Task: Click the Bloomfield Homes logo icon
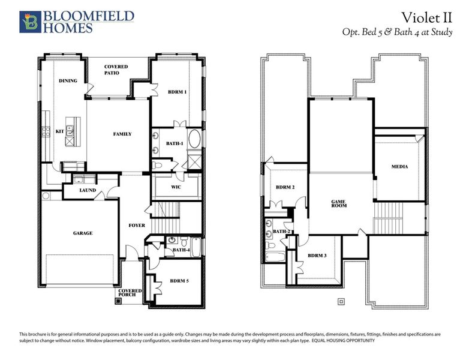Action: (x=29, y=21)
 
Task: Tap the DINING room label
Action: (x=68, y=80)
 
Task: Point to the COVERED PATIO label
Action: (x=116, y=70)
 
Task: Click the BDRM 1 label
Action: (x=177, y=92)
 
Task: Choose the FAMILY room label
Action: (x=122, y=134)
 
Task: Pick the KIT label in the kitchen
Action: (x=60, y=131)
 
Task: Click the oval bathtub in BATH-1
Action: (x=195, y=141)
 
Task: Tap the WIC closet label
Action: (x=176, y=187)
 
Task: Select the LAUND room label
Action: (x=88, y=191)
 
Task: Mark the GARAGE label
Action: (x=83, y=233)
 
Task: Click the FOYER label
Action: (x=136, y=226)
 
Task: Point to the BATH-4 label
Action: (x=181, y=250)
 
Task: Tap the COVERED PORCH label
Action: (x=130, y=293)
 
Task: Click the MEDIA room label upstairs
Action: (x=399, y=166)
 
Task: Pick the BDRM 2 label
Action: (x=285, y=187)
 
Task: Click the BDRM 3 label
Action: (x=317, y=256)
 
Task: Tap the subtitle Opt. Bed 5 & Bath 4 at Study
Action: (x=397, y=32)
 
